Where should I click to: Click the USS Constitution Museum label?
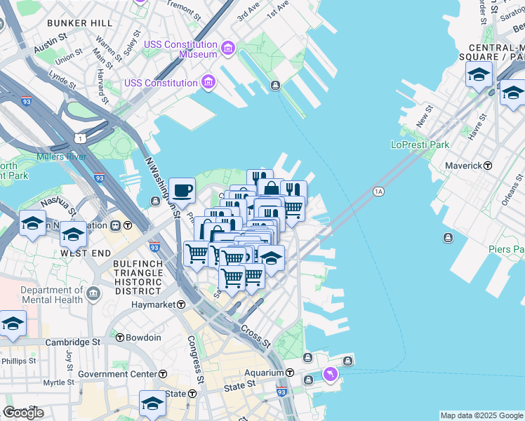click(x=180, y=49)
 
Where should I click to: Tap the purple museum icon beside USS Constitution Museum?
click(x=227, y=48)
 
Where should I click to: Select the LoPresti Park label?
click(x=419, y=145)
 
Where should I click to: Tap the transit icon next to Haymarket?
click(x=181, y=305)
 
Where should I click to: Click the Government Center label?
click(x=117, y=374)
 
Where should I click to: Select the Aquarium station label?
click(x=264, y=373)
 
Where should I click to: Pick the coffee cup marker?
click(x=182, y=189)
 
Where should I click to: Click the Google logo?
click(x=23, y=413)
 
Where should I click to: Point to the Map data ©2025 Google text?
click(x=481, y=415)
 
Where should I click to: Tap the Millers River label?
click(x=61, y=156)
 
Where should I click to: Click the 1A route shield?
click(x=379, y=191)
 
